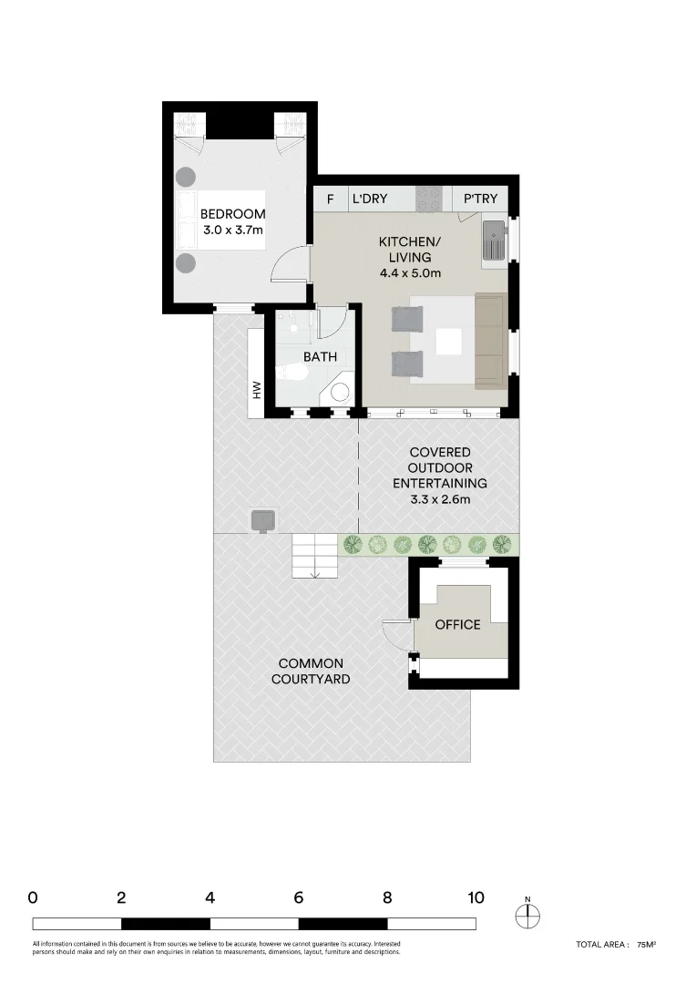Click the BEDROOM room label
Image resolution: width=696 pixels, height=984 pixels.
point(233,214)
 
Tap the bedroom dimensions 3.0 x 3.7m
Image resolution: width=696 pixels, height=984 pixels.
point(233,231)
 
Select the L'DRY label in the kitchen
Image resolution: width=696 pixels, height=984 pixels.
point(370,199)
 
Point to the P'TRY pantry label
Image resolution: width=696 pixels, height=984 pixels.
point(480,199)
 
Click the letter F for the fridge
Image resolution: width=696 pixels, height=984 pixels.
point(331,199)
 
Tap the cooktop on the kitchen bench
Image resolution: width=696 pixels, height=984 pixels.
point(429,199)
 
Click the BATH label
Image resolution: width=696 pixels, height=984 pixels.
point(321,358)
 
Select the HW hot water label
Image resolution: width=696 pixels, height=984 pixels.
point(258,390)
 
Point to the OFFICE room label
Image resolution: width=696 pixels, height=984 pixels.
point(457,625)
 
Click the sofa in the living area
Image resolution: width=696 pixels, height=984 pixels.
point(489,340)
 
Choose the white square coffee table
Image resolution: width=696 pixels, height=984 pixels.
point(448,342)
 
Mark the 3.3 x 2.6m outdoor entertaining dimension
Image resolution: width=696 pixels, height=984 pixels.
point(440,500)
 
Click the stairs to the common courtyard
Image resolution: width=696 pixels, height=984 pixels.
point(314,556)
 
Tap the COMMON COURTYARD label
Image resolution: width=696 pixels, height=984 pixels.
point(311,671)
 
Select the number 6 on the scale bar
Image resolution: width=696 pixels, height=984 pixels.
point(299,897)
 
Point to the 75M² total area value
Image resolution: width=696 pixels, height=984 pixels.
point(647,946)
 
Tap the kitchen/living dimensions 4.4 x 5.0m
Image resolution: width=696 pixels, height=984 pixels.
point(410,273)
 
